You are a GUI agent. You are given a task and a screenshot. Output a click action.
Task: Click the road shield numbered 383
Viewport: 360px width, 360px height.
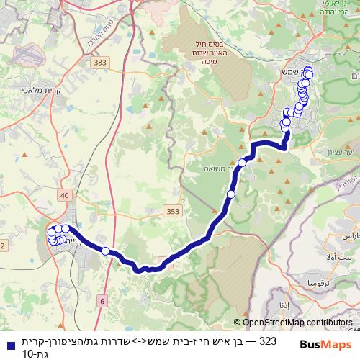(99, 64)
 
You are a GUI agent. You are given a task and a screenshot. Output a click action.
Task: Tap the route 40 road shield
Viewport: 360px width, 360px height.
(66, 195)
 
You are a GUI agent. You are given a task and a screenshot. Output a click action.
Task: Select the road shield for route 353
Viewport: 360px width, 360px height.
(172, 212)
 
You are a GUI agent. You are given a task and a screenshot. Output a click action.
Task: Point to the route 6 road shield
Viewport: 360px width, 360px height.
(102, 300)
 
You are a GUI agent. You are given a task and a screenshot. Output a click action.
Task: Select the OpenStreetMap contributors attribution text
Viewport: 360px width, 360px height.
(297, 323)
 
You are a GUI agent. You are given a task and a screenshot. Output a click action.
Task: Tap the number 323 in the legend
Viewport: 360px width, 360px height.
(266, 341)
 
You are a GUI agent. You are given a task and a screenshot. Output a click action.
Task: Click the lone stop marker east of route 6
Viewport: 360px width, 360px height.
(106, 251)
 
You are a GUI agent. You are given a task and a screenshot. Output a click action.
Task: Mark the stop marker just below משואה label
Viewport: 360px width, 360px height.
(231, 194)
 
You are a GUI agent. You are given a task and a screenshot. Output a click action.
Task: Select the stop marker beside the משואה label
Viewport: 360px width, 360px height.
(242, 163)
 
